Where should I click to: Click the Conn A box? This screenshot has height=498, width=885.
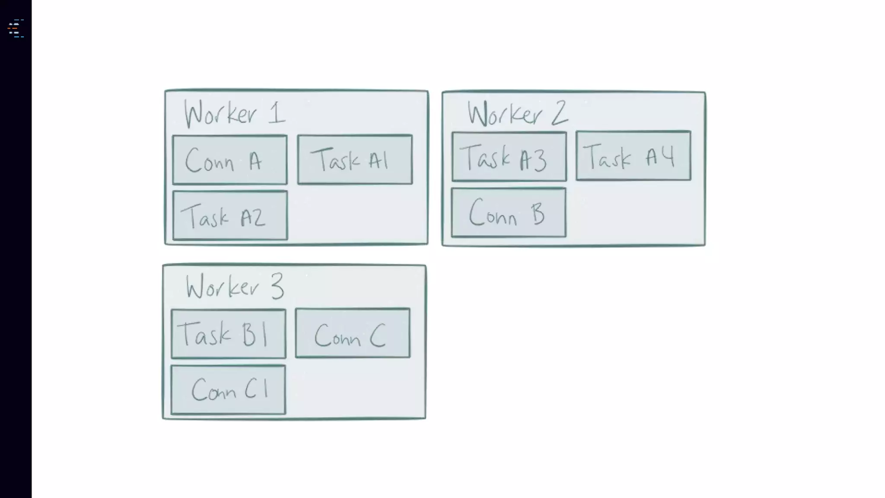pyautogui.click(x=229, y=160)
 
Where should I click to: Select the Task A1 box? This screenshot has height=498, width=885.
pyautogui.click(x=355, y=160)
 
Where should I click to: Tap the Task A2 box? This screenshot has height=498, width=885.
pyautogui.click(x=230, y=215)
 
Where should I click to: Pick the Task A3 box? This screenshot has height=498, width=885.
pyautogui.click(x=509, y=156)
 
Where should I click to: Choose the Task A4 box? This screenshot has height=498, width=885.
pyautogui.click(x=633, y=156)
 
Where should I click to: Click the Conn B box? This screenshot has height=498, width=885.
pyautogui.click(x=509, y=212)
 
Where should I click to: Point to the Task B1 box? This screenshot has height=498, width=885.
pyautogui.click(x=228, y=334)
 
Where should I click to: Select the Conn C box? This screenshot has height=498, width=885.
pyautogui.click(x=353, y=333)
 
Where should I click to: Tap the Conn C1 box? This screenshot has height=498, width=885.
pyautogui.click(x=228, y=390)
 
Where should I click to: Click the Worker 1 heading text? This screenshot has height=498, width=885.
pyautogui.click(x=235, y=113)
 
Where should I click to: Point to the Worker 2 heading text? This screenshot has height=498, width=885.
pyautogui.click(x=517, y=113)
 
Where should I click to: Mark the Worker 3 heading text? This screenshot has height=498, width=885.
pyautogui.click(x=235, y=286)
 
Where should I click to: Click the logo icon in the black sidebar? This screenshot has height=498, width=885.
pyautogui.click(x=16, y=29)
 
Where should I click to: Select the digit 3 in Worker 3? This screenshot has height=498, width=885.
pyautogui.click(x=277, y=286)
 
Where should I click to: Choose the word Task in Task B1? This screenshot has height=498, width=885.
pyautogui.click(x=204, y=333)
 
